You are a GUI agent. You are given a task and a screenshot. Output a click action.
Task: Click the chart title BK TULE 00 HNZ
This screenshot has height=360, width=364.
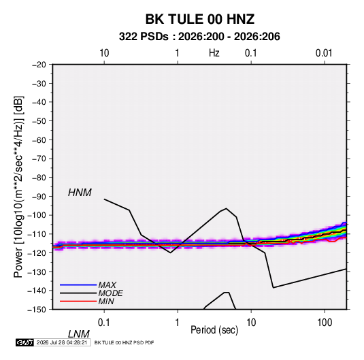click(x=199, y=19)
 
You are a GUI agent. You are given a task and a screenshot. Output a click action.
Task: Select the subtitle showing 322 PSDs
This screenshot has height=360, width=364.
click(x=199, y=37)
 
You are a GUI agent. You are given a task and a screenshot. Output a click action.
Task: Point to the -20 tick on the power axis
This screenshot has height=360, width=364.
click(x=39, y=65)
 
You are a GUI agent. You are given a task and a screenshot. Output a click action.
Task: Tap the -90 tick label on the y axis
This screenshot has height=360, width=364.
click(x=39, y=196)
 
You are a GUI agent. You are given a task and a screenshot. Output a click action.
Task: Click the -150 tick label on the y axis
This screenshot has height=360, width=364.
click(x=37, y=310)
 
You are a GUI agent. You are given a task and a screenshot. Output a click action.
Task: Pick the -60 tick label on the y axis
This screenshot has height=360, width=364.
click(x=39, y=140)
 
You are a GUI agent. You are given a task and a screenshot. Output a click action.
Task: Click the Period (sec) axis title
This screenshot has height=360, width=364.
click(x=214, y=330)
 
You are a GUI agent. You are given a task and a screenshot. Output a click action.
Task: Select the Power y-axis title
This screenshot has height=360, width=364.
click(x=18, y=186)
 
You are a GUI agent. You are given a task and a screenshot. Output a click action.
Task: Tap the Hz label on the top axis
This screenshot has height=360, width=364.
click(x=214, y=53)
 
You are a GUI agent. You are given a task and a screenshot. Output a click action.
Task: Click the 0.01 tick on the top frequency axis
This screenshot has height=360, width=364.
click(x=324, y=53)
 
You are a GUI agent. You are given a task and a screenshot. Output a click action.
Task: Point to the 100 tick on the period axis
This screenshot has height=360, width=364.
click(x=325, y=322)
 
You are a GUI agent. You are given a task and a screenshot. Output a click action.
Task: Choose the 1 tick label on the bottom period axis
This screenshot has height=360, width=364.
click(x=178, y=322)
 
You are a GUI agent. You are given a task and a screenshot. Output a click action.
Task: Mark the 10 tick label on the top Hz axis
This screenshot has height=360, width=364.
click(x=104, y=53)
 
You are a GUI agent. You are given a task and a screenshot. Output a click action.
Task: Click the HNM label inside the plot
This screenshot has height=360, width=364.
click(x=80, y=193)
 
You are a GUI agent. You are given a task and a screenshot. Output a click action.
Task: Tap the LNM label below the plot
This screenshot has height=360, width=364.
click(x=78, y=334)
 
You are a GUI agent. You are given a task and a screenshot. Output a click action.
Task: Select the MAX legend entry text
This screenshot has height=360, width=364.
click(x=107, y=284)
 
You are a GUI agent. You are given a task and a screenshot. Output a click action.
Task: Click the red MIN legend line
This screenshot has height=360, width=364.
click(x=78, y=301)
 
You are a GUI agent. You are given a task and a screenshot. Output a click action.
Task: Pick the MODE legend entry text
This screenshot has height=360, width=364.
click(x=110, y=293)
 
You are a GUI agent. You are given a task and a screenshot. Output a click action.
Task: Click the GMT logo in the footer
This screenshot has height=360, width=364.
click(x=25, y=342)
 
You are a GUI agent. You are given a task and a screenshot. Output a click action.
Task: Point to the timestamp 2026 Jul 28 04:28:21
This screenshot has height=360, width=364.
click(x=62, y=342)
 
